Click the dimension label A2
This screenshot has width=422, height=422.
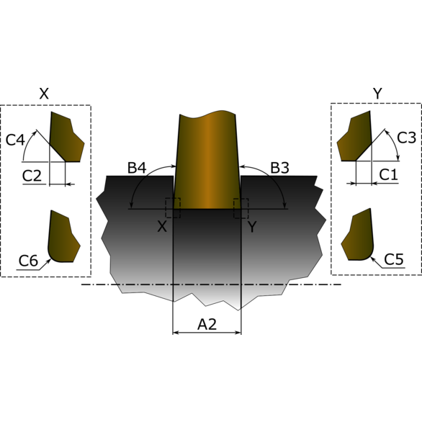[x=207, y=325]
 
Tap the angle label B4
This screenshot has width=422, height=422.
[x=137, y=169]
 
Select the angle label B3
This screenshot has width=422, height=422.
[x=279, y=169]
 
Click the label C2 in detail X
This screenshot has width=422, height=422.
[x=32, y=175]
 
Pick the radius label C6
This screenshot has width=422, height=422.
[x=28, y=261]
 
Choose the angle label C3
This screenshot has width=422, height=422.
[x=406, y=138]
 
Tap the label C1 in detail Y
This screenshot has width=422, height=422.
[x=388, y=174]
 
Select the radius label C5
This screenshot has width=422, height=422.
[x=394, y=259]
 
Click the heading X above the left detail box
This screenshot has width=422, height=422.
[x=44, y=94]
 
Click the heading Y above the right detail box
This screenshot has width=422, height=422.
[x=377, y=94]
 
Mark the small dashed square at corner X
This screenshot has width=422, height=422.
[x=173, y=208]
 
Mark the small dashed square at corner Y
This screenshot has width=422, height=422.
[x=241, y=208]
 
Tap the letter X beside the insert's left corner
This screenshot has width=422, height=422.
[x=162, y=226]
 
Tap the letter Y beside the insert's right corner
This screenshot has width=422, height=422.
[x=252, y=226]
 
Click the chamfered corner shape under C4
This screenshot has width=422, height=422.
[x=65, y=138]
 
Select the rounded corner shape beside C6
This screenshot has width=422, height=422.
[x=63, y=238]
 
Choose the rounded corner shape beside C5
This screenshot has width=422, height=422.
[x=359, y=236]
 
